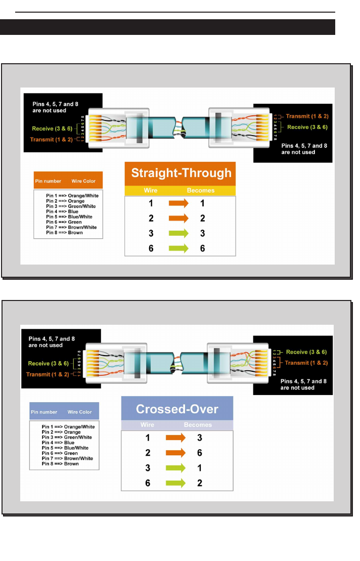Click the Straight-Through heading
tap(181, 173)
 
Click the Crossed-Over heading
tap(177, 409)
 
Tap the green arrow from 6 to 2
tap(176, 483)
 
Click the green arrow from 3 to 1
tap(176, 468)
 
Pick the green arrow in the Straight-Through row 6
tap(178, 248)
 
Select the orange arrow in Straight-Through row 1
tap(178, 203)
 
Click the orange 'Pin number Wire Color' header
tap(68, 181)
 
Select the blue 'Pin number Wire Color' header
tap(64, 412)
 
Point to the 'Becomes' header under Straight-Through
tap(201, 191)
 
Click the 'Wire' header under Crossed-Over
tap(148, 425)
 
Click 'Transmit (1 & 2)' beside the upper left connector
tap(51, 139)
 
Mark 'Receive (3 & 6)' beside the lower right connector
tap(306, 352)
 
